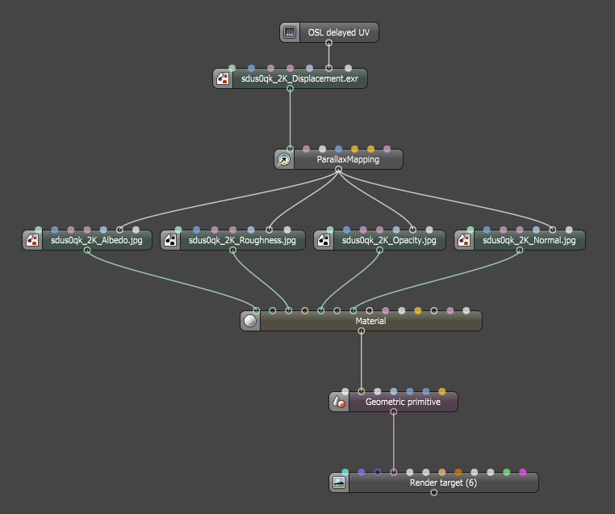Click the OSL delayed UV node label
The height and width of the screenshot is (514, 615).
[338, 33]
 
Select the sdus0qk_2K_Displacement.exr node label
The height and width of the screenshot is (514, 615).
[299, 79]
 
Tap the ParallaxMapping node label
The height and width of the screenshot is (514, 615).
[348, 160]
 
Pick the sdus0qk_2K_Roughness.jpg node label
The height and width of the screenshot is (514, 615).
[242, 240]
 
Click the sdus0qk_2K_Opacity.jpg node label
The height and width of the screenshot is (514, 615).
[388, 240]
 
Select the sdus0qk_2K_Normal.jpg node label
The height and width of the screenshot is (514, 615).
[529, 240]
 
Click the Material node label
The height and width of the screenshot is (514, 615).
[370, 321]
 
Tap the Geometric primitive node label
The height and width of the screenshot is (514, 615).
[403, 402]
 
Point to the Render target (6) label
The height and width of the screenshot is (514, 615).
[443, 482]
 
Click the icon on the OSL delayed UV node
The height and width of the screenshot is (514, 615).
[290, 33]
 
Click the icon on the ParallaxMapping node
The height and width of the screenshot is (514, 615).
[283, 160]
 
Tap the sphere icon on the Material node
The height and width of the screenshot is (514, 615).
[250, 321]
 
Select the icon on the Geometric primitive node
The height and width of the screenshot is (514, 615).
[339, 402]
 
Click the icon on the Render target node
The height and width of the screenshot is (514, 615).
[339, 482]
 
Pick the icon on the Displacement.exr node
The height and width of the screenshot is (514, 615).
[222, 79]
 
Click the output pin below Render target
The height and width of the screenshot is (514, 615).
[433, 493]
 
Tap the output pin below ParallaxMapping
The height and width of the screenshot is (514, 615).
[338, 170]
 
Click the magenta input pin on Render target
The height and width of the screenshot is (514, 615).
[523, 472]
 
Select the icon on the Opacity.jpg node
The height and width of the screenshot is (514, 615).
[323, 240]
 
